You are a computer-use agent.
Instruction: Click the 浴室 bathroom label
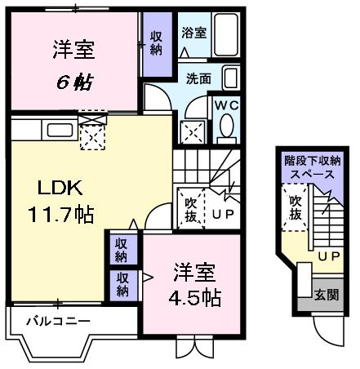pos(194,33)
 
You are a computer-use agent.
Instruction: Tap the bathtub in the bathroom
pos(226,34)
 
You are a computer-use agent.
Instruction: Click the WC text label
pos(227,105)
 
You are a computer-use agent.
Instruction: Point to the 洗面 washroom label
pos(198,78)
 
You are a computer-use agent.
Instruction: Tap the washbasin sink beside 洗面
pos(231,78)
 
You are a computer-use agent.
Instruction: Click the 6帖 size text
pos(75,82)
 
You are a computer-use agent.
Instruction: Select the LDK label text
pos(60,188)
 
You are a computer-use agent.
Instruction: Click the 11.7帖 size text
pos(60,215)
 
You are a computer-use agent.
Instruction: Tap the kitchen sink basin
pos(60,130)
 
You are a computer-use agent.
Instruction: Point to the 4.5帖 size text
pos(194,298)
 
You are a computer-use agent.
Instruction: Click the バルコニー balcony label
pos(58,322)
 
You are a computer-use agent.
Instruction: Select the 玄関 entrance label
pos(326,295)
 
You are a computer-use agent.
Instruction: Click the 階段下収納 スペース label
pos(313,167)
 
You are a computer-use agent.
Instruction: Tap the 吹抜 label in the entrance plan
pos(296,208)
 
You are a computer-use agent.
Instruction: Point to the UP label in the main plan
pos(223,214)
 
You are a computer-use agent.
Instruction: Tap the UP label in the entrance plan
pos(329,256)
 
